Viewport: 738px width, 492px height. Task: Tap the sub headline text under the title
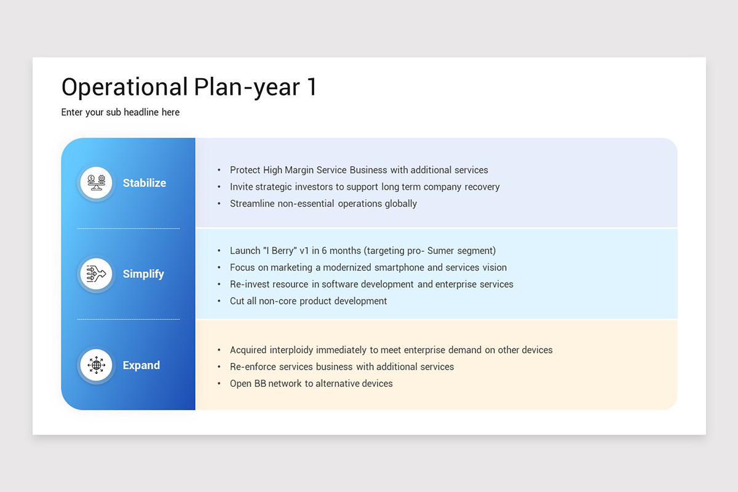(x=121, y=113)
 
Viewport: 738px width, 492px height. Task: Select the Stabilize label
(x=145, y=183)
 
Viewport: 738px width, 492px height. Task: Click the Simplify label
(x=143, y=274)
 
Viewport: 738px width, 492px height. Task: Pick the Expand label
(x=141, y=365)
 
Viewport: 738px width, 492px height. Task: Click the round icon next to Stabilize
(x=96, y=183)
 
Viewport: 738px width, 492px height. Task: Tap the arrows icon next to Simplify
(x=96, y=274)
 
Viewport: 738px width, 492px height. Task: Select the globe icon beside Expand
(x=96, y=365)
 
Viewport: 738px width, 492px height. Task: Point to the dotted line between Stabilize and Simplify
(x=129, y=229)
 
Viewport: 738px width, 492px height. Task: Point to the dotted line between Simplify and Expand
(x=129, y=320)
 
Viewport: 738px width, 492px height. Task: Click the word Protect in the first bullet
(x=245, y=170)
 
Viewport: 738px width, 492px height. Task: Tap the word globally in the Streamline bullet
(x=401, y=204)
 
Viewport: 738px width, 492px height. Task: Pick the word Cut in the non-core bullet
(x=237, y=301)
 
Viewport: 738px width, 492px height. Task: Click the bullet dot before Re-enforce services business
(x=220, y=367)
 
